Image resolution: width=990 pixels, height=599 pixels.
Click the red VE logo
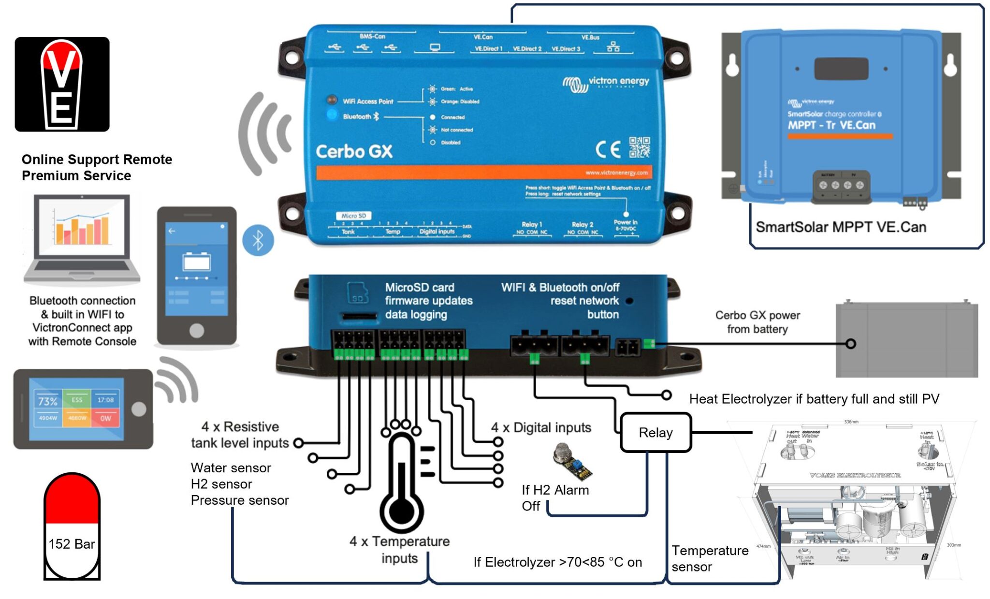tap(61, 84)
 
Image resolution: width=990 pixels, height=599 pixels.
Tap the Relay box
tap(655, 433)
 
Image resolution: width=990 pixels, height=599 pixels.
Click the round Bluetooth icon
tap(258, 240)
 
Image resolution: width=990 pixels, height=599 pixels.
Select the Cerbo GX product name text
tap(354, 152)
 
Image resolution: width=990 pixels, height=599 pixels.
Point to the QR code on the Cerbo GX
tap(639, 147)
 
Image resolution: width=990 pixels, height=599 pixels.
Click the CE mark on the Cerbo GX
tap(608, 149)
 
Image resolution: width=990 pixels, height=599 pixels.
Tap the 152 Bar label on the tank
tap(72, 544)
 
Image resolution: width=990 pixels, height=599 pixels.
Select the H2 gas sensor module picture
tap(572, 462)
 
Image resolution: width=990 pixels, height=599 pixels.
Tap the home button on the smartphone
tap(196, 330)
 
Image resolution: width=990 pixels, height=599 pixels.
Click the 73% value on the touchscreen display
tap(47, 401)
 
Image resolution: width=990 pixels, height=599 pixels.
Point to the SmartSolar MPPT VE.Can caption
tap(841, 227)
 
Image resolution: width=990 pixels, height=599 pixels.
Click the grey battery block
tap(906, 340)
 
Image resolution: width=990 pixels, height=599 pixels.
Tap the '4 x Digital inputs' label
tap(541, 427)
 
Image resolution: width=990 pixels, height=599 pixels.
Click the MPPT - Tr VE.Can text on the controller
tap(831, 125)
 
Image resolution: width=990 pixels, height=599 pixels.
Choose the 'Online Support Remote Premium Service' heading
tap(97, 167)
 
